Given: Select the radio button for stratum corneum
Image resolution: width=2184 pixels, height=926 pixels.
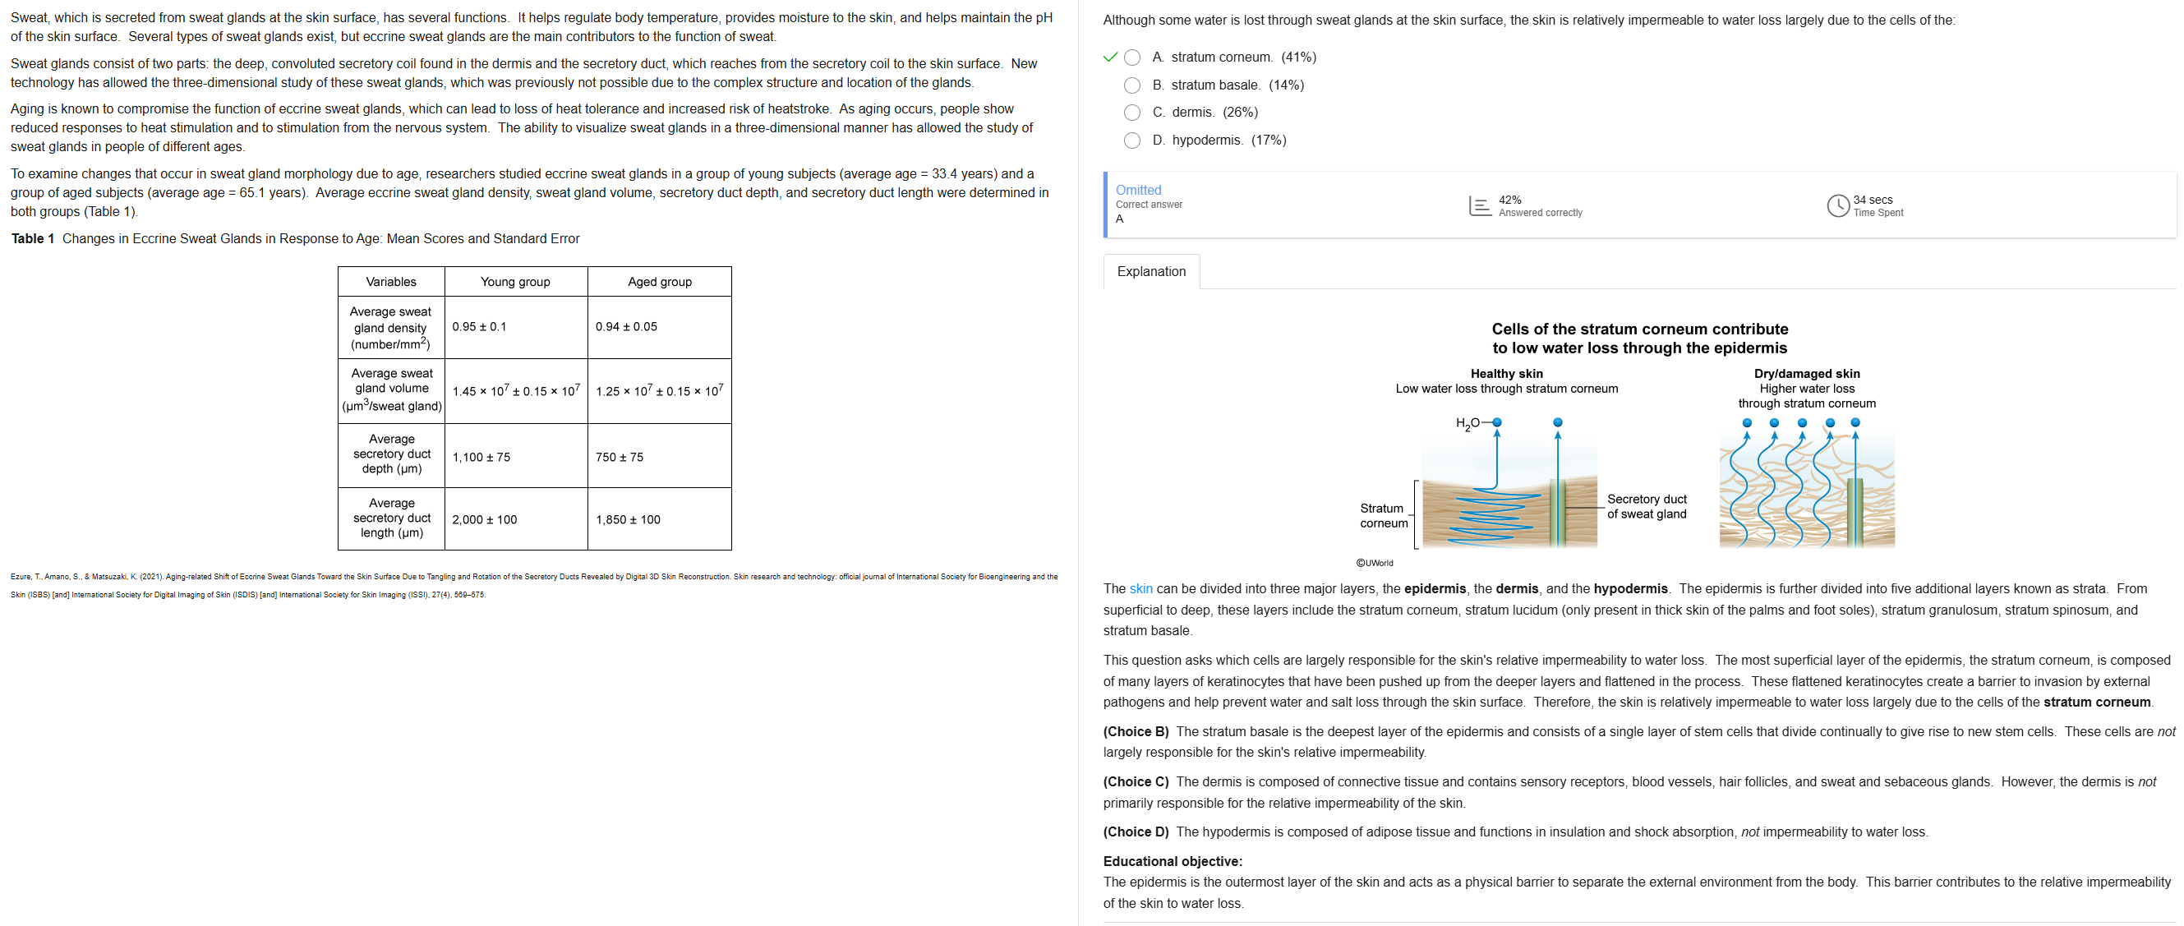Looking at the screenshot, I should (x=1131, y=58).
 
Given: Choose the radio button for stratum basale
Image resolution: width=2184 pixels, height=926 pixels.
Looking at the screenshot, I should (x=1131, y=85).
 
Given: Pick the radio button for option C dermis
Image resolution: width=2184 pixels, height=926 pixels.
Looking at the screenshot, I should (x=1131, y=113).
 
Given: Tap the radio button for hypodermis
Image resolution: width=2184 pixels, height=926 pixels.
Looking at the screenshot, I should (x=1131, y=141).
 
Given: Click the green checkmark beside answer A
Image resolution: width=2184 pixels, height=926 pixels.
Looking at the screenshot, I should (x=1110, y=58).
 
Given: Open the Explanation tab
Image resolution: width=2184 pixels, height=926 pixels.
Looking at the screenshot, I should (x=1150, y=271).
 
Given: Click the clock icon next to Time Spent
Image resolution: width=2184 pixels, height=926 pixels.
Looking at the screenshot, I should (x=1837, y=205).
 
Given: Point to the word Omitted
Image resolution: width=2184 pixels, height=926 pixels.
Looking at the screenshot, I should (x=1138, y=190).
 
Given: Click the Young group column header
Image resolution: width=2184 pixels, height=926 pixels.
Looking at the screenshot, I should (x=514, y=282).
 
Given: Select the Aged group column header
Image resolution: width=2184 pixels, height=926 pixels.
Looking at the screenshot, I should (x=659, y=282).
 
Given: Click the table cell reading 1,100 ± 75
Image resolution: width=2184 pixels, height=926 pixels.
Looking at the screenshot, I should (x=481, y=457).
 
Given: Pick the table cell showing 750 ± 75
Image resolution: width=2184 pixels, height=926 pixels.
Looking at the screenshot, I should (x=619, y=457).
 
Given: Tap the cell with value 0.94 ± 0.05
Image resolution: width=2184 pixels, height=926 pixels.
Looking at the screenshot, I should (x=625, y=326).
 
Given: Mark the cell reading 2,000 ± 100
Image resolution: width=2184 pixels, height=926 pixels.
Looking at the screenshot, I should (x=484, y=520).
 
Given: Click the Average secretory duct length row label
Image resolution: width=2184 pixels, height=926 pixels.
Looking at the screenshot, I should (x=391, y=518).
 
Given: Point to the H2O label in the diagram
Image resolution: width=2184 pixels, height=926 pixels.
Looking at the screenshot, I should (x=1467, y=423).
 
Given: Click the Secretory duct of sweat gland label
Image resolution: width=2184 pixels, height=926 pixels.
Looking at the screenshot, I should (x=1647, y=506).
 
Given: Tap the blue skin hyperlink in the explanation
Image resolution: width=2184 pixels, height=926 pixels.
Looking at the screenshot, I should (x=1140, y=588).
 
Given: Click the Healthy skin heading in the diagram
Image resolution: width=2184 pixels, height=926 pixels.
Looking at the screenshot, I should (x=1506, y=373).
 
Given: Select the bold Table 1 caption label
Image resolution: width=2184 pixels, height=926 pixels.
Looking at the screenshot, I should (x=32, y=238).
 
